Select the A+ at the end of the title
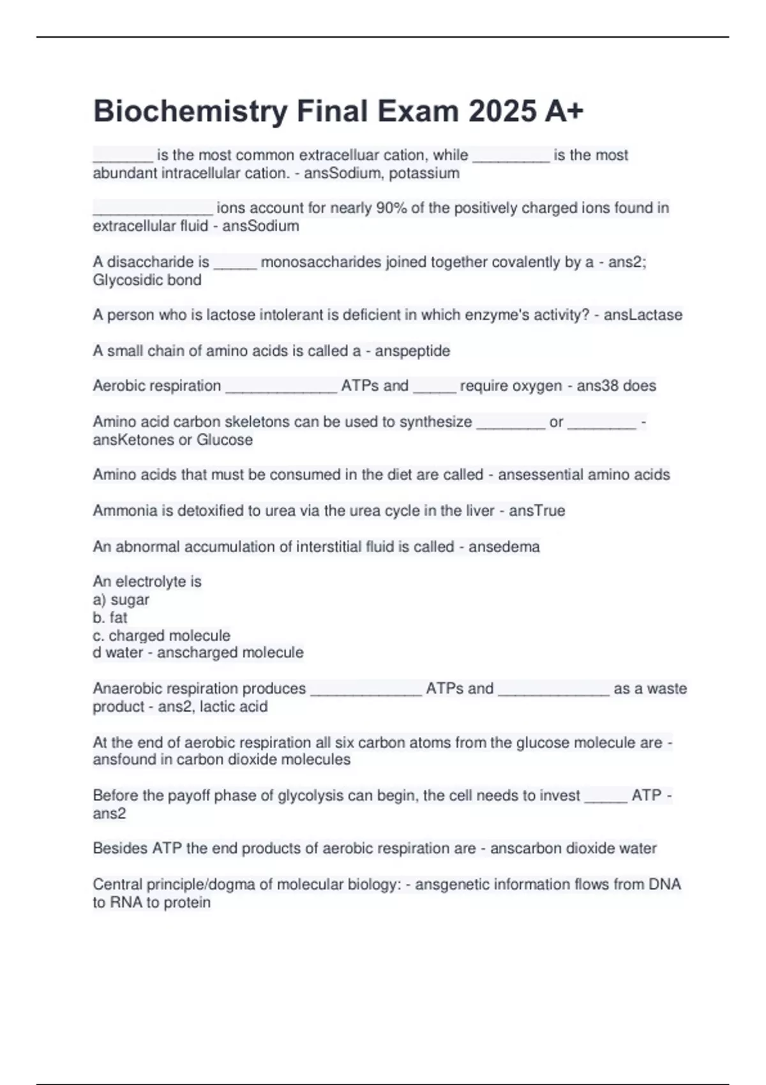[564, 112]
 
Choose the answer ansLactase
[643, 315]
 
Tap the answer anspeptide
[412, 351]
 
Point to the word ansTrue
[537, 511]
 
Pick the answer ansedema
[504, 547]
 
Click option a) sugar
[121, 600]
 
